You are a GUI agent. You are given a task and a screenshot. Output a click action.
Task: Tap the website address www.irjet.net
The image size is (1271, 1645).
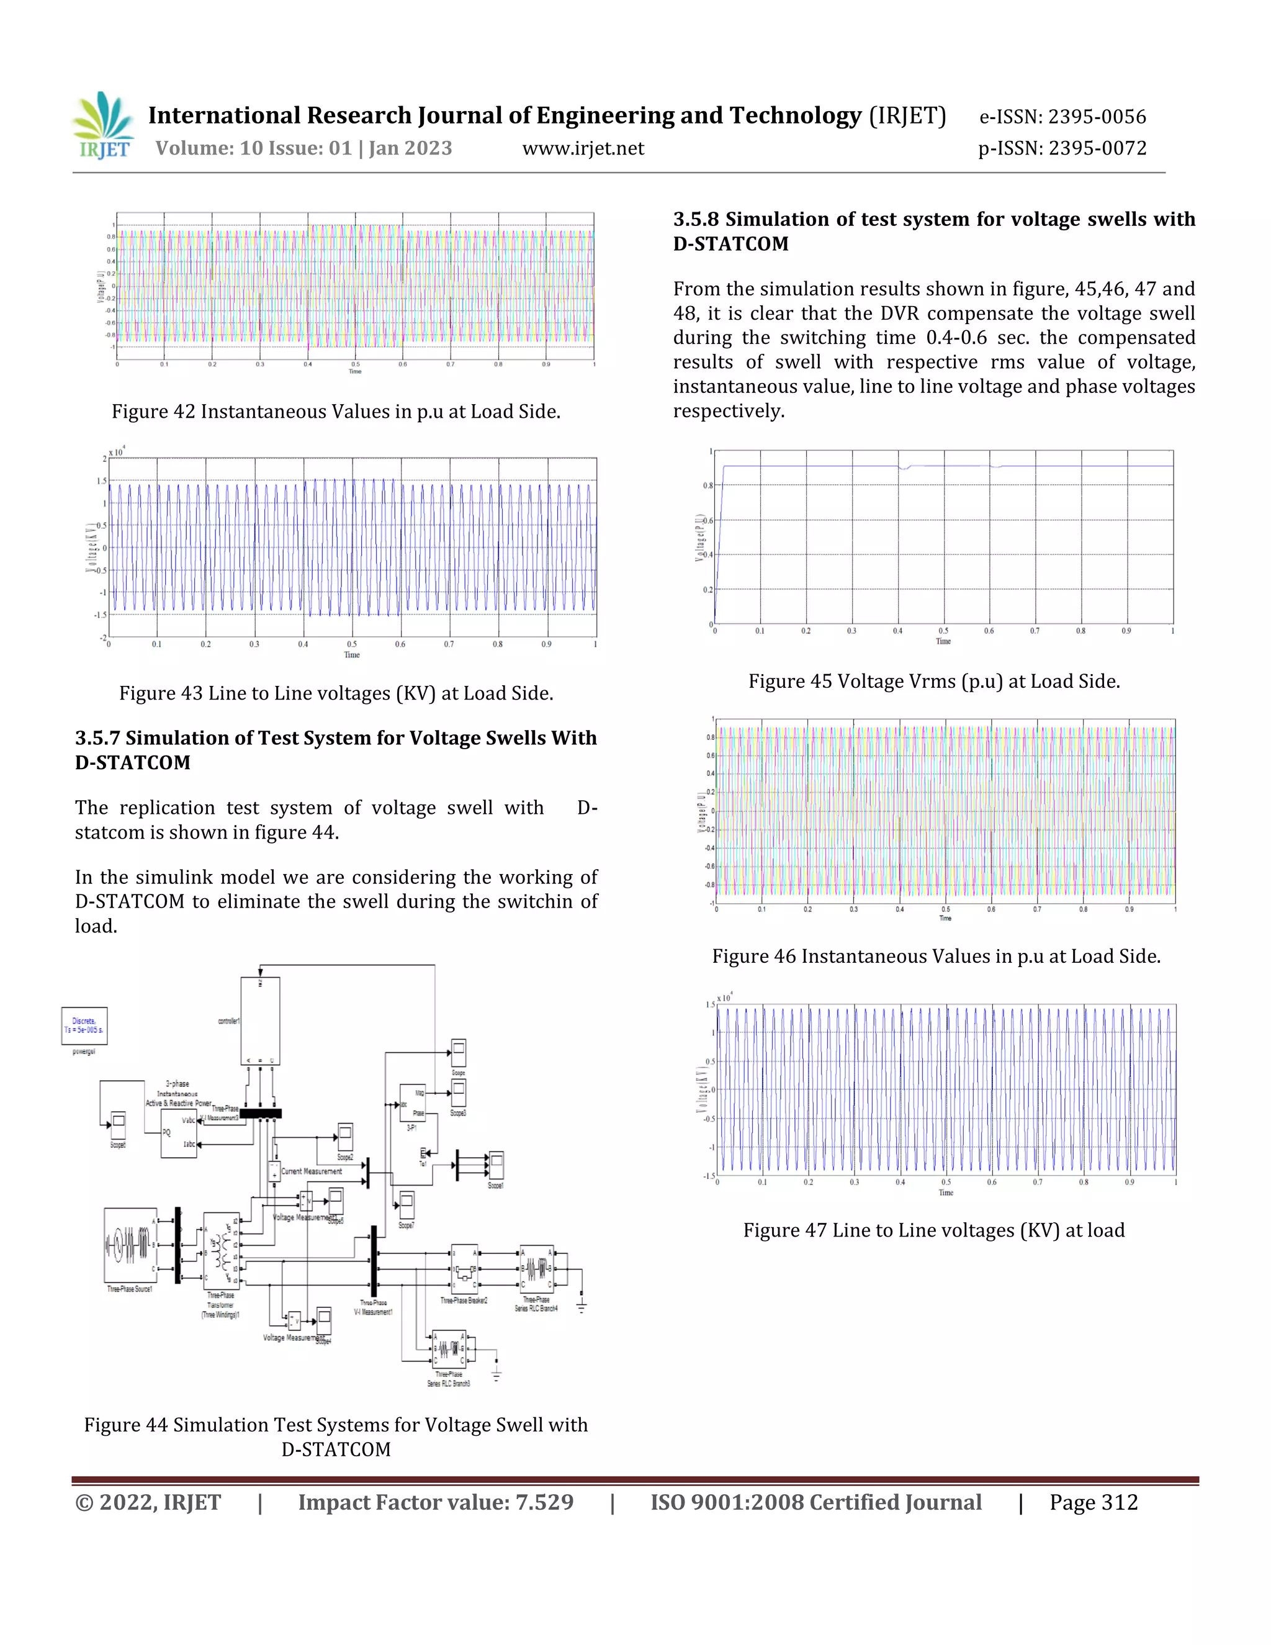tap(583, 148)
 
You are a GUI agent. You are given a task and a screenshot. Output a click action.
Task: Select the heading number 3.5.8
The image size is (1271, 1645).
tap(696, 219)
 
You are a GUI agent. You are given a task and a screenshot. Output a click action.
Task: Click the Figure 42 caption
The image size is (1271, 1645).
tap(336, 412)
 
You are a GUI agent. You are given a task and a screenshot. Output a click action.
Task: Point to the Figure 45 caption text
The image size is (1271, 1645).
tap(933, 682)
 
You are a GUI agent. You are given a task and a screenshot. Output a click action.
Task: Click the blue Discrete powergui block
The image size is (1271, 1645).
tap(84, 1026)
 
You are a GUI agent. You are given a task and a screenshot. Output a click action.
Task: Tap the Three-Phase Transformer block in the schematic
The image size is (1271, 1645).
tap(222, 1250)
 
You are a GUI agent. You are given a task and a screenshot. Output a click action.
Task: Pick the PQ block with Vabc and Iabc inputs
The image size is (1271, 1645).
tap(179, 1133)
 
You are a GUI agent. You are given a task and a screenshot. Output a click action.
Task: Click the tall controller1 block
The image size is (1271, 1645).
tap(260, 1021)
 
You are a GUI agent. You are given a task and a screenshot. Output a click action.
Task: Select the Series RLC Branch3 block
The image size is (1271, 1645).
tap(449, 1348)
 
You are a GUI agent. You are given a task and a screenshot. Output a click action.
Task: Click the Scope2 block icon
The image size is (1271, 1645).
tap(345, 1137)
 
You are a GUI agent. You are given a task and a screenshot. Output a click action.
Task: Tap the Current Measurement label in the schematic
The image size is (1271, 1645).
tap(311, 1172)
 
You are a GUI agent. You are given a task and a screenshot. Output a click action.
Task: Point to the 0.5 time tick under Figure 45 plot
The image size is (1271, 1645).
tap(943, 631)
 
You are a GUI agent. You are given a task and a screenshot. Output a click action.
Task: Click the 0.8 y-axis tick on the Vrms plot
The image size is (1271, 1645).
tap(707, 486)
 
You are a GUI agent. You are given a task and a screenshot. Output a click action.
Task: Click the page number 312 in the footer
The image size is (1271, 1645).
tap(1118, 1503)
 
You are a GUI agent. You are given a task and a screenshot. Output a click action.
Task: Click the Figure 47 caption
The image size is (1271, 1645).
tap(933, 1231)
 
